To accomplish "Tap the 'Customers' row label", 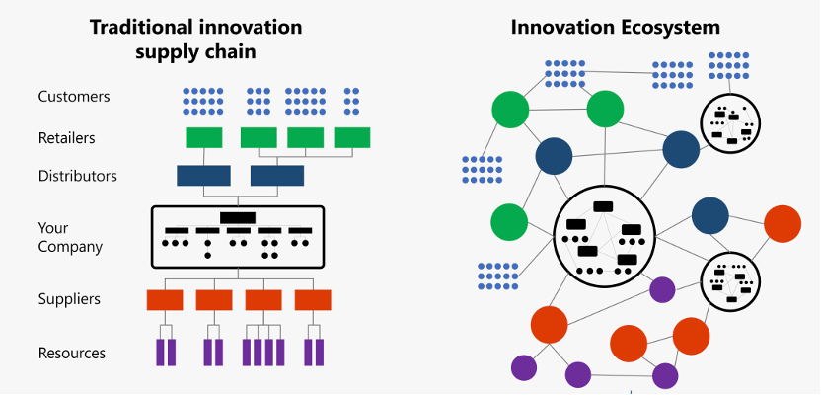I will [x=74, y=97].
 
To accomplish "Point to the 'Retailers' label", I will [x=67, y=138].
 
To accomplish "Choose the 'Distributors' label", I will [x=78, y=176].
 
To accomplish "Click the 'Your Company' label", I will [x=70, y=237].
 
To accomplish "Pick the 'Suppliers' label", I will [x=69, y=298].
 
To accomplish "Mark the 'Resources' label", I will [x=72, y=353].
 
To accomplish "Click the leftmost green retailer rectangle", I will [x=204, y=138].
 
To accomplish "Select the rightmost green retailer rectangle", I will [x=352, y=138].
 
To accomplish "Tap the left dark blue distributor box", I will [x=203, y=176].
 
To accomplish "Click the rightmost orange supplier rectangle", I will [x=314, y=299].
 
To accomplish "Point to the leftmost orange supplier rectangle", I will [x=165, y=299].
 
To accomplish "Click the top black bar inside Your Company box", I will [x=238, y=216].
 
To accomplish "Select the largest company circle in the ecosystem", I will [x=601, y=235].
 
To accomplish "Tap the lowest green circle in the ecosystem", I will [x=509, y=220].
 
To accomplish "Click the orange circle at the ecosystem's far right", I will [x=783, y=223].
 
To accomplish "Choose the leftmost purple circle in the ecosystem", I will [x=523, y=367].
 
